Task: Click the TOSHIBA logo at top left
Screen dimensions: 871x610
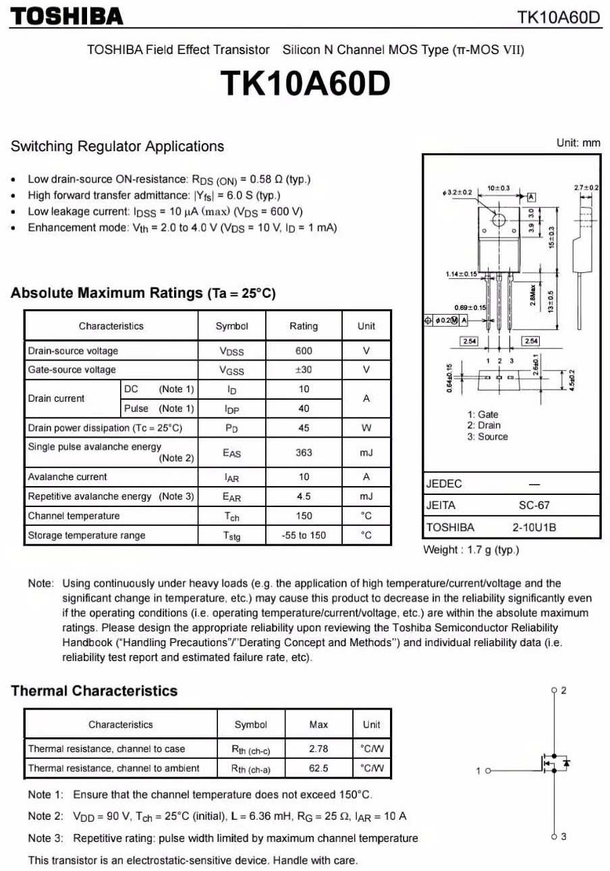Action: pyautogui.click(x=67, y=16)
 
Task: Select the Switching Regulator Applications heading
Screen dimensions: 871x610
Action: pyautogui.click(x=117, y=147)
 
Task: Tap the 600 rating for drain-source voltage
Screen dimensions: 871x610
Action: pyautogui.click(x=304, y=350)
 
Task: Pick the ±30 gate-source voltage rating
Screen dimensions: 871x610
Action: pyautogui.click(x=304, y=369)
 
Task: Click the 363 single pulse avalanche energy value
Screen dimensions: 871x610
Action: pyautogui.click(x=304, y=452)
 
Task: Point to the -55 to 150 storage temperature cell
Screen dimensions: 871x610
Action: pyautogui.click(x=304, y=535)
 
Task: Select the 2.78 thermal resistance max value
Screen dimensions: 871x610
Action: pyautogui.click(x=318, y=748)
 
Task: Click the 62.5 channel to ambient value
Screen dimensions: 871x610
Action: pyautogui.click(x=318, y=768)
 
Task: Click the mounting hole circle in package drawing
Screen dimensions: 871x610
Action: pyautogui.click(x=499, y=220)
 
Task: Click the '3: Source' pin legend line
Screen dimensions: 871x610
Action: pyautogui.click(x=487, y=437)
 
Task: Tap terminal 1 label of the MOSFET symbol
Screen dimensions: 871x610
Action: pyautogui.click(x=478, y=770)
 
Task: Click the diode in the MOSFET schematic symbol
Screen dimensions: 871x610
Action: pyautogui.click(x=566, y=763)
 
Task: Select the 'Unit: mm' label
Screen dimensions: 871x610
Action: pyautogui.click(x=578, y=143)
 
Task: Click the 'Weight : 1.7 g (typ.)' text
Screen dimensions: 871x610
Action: pyautogui.click(x=471, y=550)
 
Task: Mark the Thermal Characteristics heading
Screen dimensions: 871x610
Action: pyautogui.click(x=94, y=691)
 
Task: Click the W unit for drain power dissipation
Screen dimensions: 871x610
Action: pyautogui.click(x=366, y=427)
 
